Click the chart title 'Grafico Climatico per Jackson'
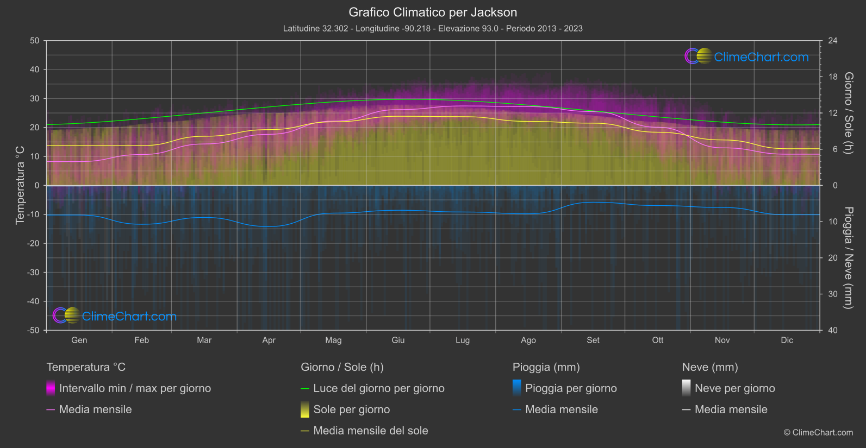pos(433,12)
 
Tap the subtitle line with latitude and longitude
pos(433,28)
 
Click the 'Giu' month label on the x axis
pos(398,340)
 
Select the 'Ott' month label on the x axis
pos(658,340)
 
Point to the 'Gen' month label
pos(79,340)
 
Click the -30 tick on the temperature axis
pos(33,272)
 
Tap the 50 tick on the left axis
pos(35,41)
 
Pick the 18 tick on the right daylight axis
pos(833,77)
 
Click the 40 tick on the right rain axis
pos(833,330)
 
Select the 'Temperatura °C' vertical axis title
pos(20,185)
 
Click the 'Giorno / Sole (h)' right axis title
pos(848,113)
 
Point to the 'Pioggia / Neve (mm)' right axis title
pos(848,257)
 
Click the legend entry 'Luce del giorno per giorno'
pos(378,388)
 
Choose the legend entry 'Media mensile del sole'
pos(370,431)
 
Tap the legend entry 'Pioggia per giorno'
pos(570,388)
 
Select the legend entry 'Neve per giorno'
pos(734,388)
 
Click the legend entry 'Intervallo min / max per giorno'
pos(134,388)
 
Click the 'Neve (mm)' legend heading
pos(710,367)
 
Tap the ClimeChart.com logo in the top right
pos(747,56)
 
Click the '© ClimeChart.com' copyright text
pos(818,432)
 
